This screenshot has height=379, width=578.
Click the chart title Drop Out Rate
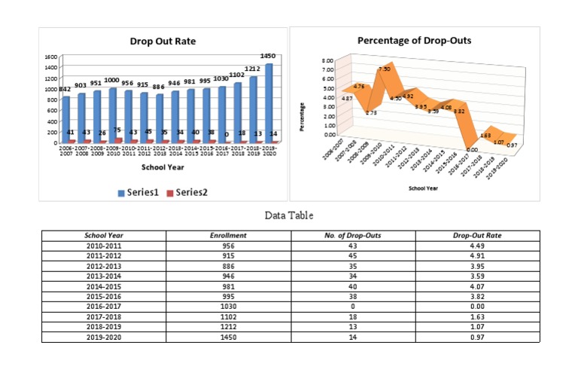[162, 41]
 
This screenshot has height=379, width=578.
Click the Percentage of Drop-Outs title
[414, 40]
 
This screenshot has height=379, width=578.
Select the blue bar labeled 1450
[269, 102]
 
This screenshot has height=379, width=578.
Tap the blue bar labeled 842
[65, 118]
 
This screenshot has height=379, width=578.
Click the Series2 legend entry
[186, 192]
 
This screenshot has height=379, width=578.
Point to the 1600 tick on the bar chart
[50, 57]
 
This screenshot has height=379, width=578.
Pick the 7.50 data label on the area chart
[384, 69]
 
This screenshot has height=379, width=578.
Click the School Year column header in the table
[105, 236]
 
